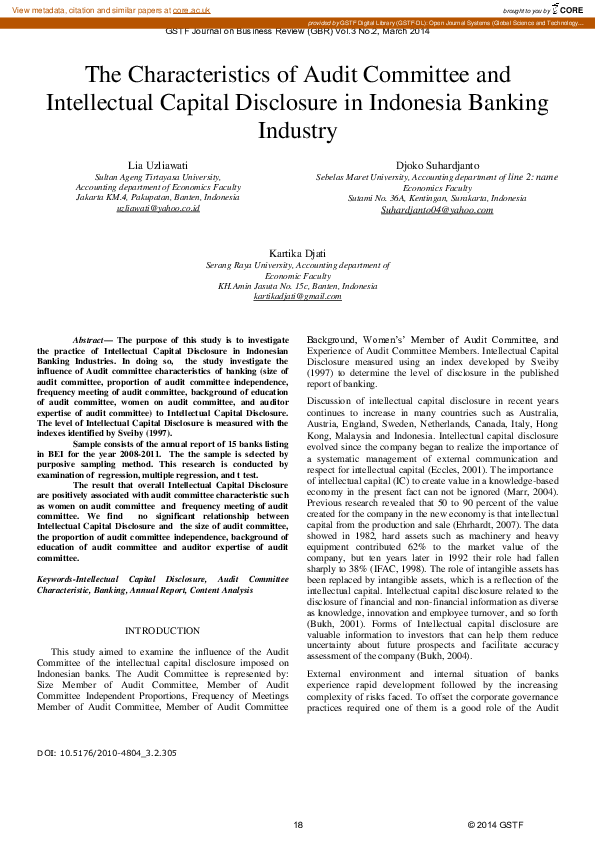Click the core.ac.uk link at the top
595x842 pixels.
click(192, 8)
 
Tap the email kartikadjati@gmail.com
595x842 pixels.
click(297, 297)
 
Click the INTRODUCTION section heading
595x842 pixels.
click(162, 631)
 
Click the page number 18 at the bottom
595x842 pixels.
click(298, 824)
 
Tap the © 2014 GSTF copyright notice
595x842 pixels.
click(495, 824)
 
